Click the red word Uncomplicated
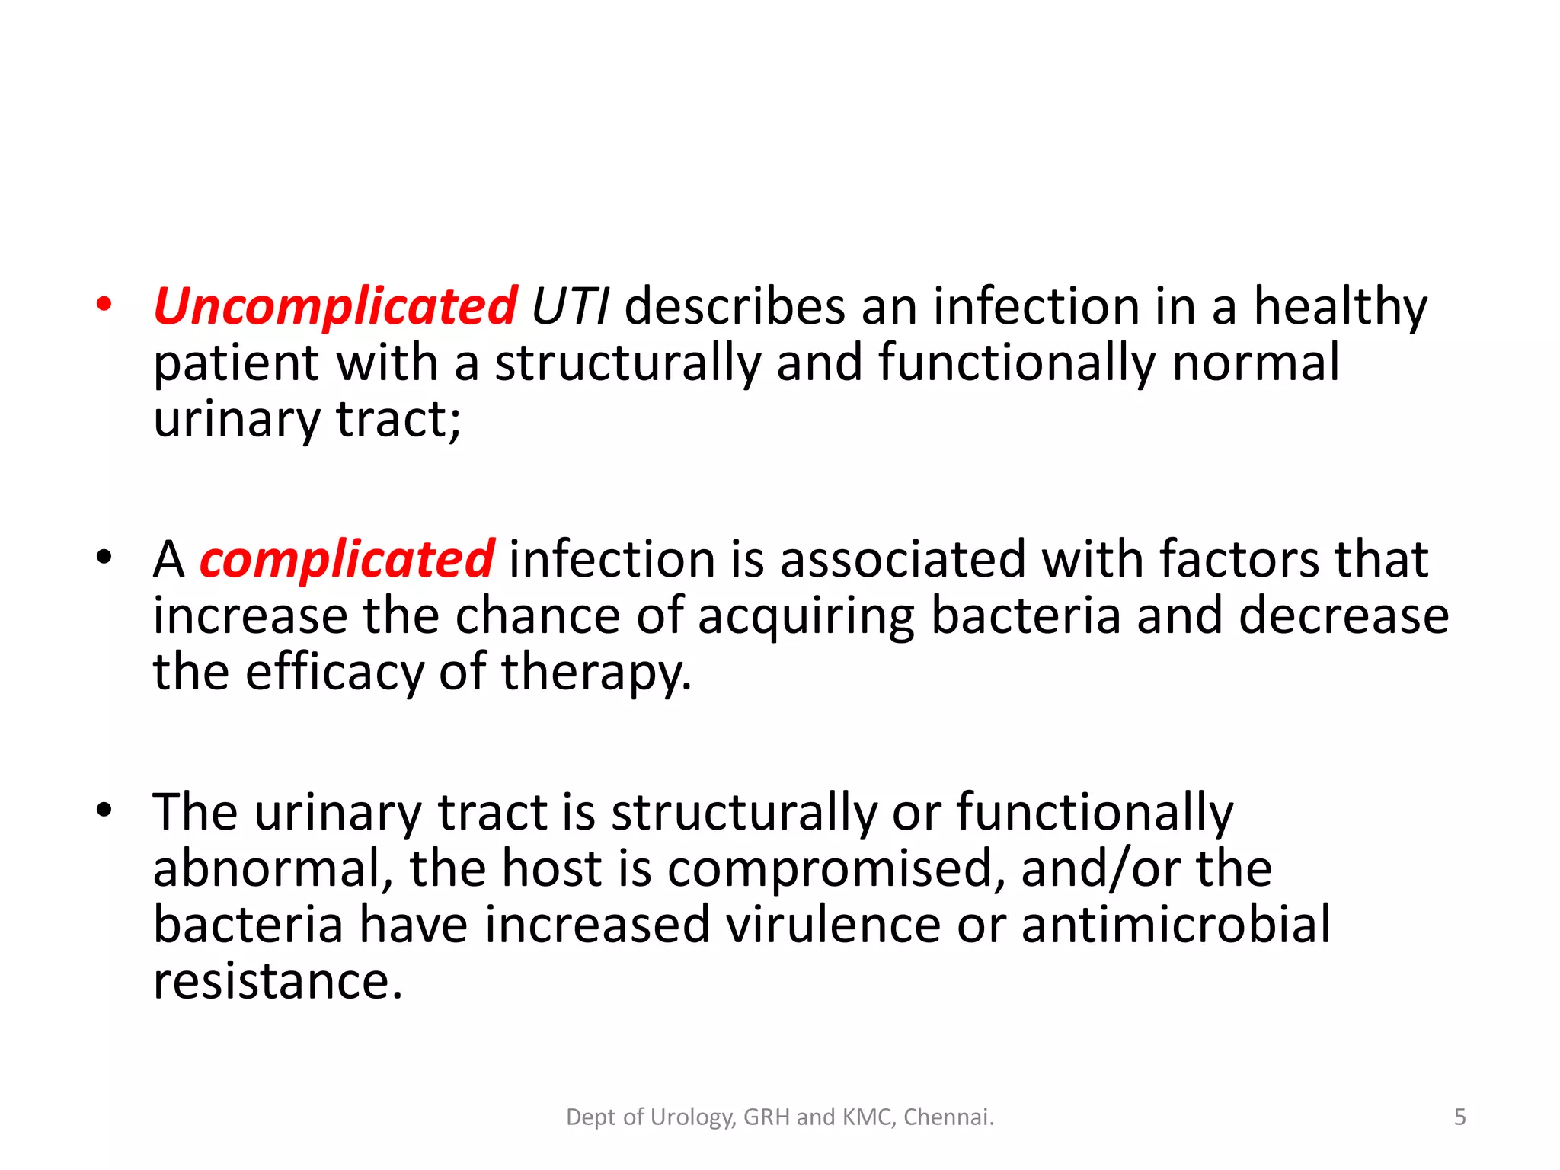pyautogui.click(x=335, y=307)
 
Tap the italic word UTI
pyautogui.click(x=570, y=307)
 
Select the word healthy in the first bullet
pyautogui.click(x=1341, y=307)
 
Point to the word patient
pyautogui.click(x=235, y=363)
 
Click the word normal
pyautogui.click(x=1255, y=363)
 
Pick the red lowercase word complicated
pyautogui.click(x=347, y=560)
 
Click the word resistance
pyautogui.click(x=277, y=982)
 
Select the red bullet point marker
pyautogui.click(x=104, y=305)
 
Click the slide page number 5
pyautogui.click(x=1459, y=1117)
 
